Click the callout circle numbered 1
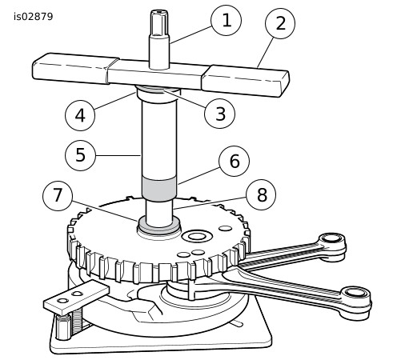[226, 20]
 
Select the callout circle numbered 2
[280, 23]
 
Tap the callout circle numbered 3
[219, 114]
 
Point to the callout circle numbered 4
[80, 115]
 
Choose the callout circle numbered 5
[80, 155]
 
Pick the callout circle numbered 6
[234, 161]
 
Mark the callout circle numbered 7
[58, 196]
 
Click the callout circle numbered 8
[261, 194]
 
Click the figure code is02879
[34, 17]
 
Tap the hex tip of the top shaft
[159, 23]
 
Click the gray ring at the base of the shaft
[159, 226]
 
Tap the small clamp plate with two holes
[76, 298]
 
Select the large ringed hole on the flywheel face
[197, 236]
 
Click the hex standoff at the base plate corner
[62, 327]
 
